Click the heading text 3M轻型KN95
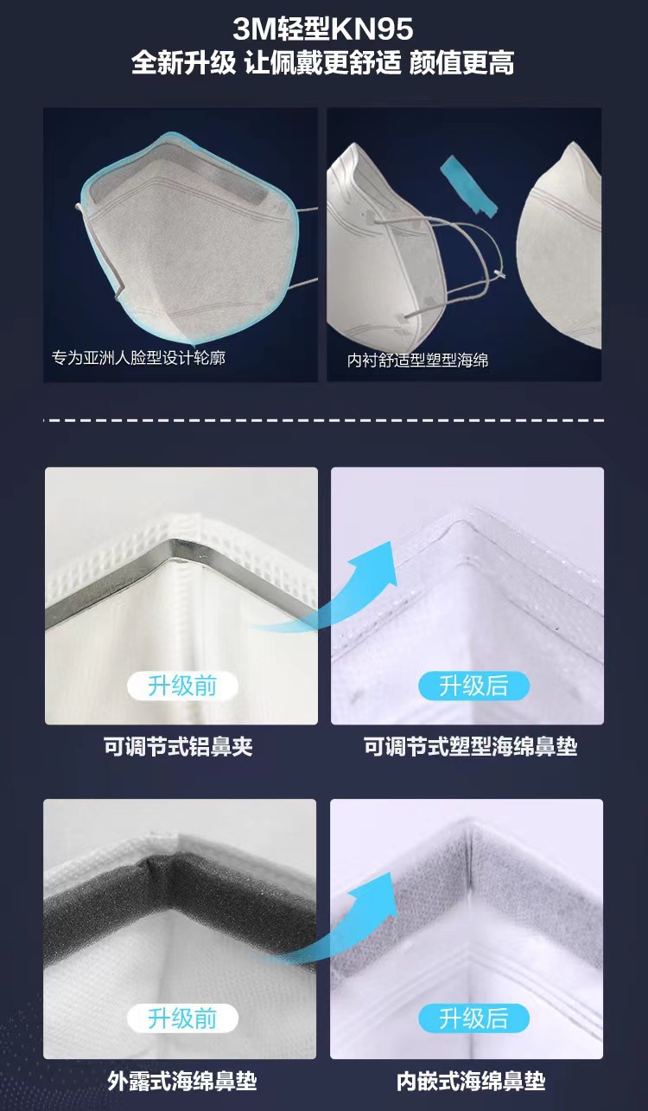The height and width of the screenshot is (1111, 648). point(323,30)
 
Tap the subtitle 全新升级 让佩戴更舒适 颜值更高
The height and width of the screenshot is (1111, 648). point(323,63)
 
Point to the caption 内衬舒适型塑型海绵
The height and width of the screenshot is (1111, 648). point(417,360)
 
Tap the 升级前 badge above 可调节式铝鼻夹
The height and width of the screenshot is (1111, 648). point(181,686)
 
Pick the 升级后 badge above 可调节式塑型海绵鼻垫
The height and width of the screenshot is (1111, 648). point(473,686)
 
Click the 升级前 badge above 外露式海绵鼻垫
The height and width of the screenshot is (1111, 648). point(181,1018)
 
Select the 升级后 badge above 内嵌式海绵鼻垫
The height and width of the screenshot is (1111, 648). point(473,1018)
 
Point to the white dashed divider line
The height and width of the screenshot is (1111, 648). point(323,421)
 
